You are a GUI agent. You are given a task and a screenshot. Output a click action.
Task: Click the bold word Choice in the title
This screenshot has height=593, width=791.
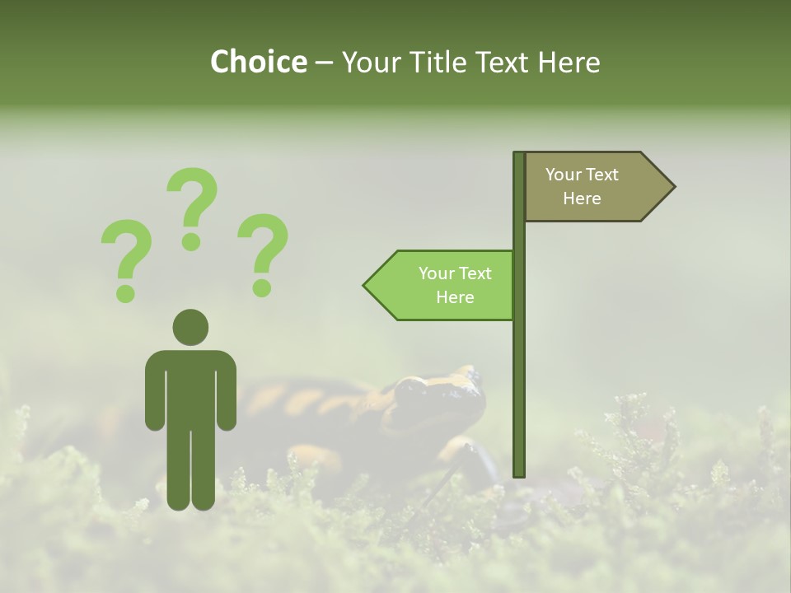tap(258, 63)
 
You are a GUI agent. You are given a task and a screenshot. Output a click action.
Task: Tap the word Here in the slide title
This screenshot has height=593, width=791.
tap(569, 63)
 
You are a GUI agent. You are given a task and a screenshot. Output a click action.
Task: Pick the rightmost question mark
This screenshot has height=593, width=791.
tap(263, 252)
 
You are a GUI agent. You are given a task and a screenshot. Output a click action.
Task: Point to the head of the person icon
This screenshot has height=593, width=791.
tap(190, 327)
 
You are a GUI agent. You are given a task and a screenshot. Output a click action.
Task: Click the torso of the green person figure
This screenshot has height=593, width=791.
tap(190, 387)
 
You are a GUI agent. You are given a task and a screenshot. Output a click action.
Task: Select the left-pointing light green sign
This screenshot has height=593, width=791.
tap(441, 285)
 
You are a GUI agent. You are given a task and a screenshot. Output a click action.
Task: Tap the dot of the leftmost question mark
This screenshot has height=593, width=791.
tap(125, 293)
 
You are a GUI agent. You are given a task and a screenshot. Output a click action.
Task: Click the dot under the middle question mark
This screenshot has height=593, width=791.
tap(192, 241)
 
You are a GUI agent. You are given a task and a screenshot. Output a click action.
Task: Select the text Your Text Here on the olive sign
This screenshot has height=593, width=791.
tap(582, 186)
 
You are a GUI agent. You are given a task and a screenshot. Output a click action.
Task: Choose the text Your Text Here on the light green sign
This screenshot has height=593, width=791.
tap(455, 285)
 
